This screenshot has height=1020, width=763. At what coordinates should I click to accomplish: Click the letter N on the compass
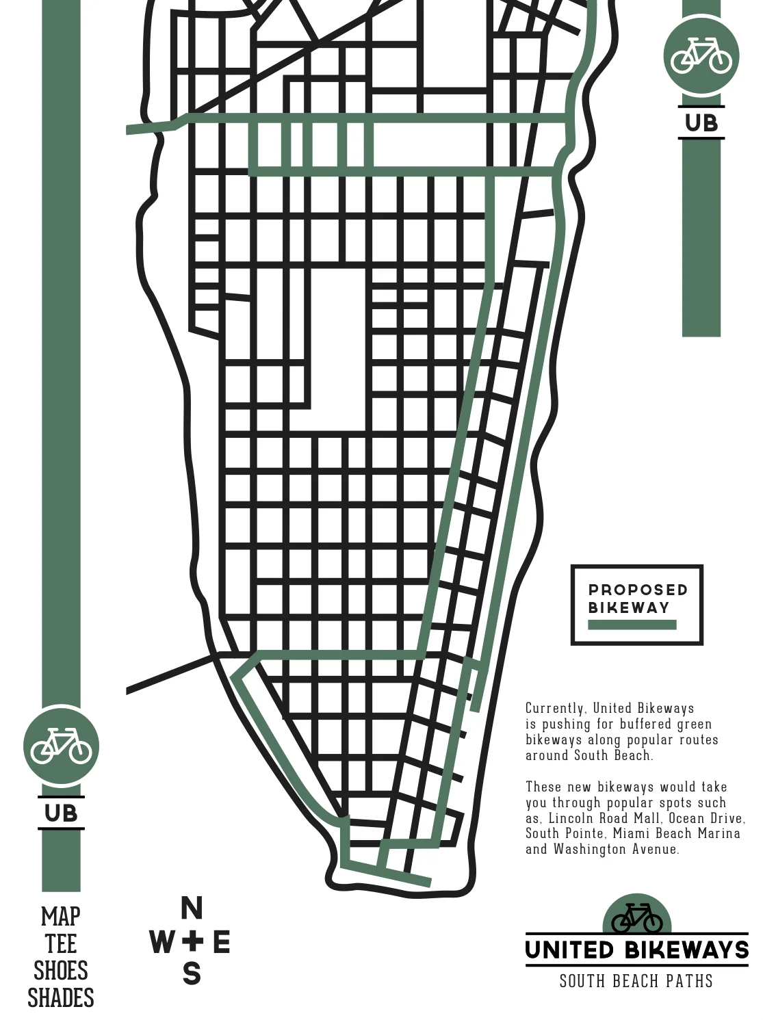(x=192, y=908)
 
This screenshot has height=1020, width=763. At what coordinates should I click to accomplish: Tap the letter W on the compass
(x=162, y=942)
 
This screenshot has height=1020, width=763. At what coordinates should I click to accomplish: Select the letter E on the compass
(x=222, y=942)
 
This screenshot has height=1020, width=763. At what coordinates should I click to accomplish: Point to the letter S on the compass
(x=192, y=973)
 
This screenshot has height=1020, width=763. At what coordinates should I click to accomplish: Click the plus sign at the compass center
(x=192, y=941)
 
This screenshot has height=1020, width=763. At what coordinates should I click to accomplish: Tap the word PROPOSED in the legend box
(x=638, y=590)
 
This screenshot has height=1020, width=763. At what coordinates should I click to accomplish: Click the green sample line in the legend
(x=632, y=625)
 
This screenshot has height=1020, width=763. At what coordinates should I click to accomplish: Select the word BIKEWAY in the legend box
(x=629, y=607)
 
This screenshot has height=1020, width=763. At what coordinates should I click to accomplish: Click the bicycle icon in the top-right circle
(x=701, y=55)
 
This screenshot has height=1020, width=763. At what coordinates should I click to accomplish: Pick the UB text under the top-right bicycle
(x=701, y=123)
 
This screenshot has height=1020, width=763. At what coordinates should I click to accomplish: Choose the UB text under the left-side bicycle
(x=62, y=813)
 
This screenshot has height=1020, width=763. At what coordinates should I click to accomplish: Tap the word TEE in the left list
(x=61, y=944)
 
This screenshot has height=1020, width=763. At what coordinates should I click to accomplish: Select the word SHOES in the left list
(x=61, y=971)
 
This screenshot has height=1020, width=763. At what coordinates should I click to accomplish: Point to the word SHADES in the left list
(x=61, y=999)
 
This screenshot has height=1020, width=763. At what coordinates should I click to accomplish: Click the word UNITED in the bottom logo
(x=570, y=950)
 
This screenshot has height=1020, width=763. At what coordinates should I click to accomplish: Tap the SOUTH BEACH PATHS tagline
(x=636, y=982)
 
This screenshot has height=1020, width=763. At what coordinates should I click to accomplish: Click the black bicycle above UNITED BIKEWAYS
(x=637, y=919)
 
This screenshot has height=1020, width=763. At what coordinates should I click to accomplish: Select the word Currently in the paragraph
(x=555, y=709)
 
